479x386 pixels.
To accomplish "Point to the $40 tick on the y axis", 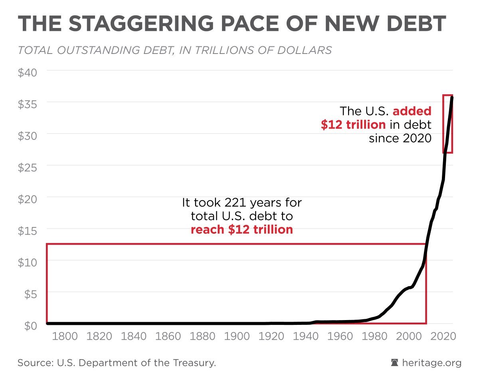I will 27,73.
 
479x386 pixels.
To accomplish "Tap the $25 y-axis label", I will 27,167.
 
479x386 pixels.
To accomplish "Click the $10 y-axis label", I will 27,262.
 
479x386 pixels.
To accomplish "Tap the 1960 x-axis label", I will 340,336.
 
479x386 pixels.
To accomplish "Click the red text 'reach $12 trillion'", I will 241,230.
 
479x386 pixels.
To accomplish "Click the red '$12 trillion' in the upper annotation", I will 353,125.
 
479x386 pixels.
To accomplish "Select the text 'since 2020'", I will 400,138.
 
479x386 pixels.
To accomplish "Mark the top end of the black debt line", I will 452,97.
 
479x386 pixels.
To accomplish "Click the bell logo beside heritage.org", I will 394,363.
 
